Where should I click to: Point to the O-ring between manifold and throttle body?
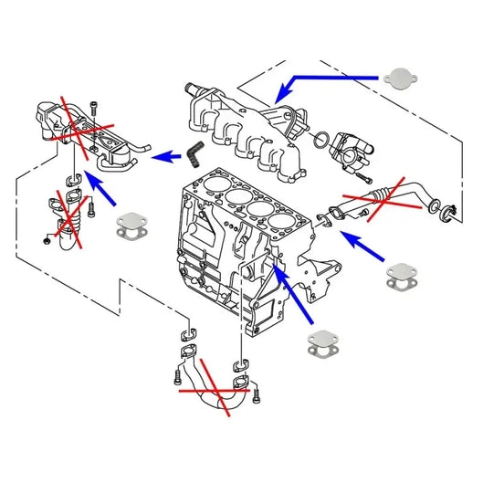tap(319, 141)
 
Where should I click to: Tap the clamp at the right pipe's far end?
tap(448, 216)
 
